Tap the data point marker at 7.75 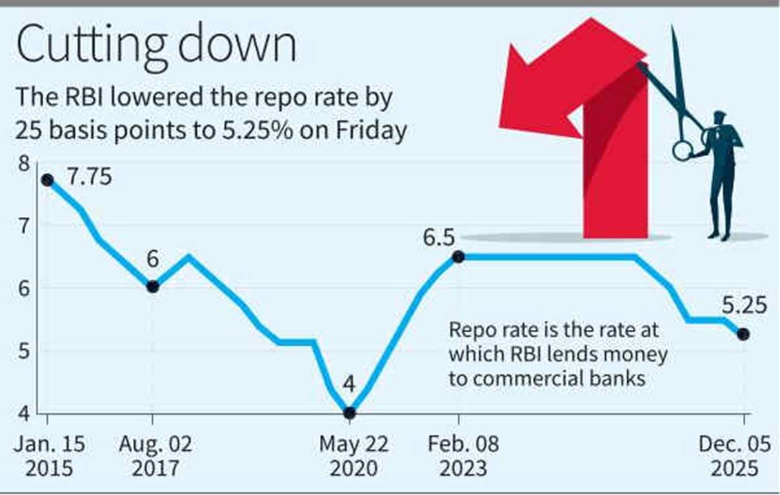46,180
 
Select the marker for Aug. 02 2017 152,287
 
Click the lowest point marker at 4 349,412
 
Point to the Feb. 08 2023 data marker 458,257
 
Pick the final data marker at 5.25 743,334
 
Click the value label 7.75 90,176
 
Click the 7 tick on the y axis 24,225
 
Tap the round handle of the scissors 682,150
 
